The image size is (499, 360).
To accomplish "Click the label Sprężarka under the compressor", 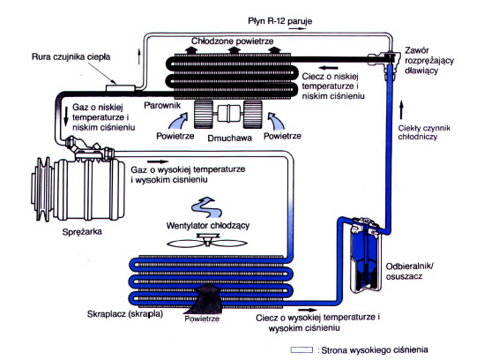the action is pyautogui.click(x=82, y=231).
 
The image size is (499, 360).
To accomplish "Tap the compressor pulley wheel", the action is pyautogui.click(x=42, y=189).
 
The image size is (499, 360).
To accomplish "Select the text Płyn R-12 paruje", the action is pyautogui.click(x=280, y=21).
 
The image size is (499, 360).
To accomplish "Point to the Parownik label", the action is pyautogui.click(x=162, y=106).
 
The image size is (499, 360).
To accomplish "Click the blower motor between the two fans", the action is pyautogui.click(x=227, y=115).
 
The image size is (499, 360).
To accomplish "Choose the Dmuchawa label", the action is pyautogui.click(x=229, y=139).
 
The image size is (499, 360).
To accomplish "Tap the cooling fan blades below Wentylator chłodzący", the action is pyautogui.click(x=207, y=241).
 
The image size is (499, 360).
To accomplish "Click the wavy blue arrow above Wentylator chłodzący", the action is pyautogui.click(x=206, y=207).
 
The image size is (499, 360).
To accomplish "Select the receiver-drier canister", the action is pyautogui.click(x=365, y=255).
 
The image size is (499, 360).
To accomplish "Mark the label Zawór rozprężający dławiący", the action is pyautogui.click(x=429, y=60).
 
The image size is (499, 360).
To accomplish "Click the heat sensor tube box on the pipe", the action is pyautogui.click(x=121, y=88).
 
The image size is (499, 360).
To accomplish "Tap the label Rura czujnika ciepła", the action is pyautogui.click(x=71, y=56).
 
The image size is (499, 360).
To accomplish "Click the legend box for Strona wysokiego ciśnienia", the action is pyautogui.click(x=302, y=349).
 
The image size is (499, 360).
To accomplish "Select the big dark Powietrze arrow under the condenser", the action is pyautogui.click(x=207, y=299).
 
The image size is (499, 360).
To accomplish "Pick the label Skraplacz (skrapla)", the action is pyautogui.click(x=125, y=314).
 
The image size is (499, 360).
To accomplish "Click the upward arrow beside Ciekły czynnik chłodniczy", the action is pyautogui.click(x=401, y=110).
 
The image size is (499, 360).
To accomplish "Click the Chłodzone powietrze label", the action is pyautogui.click(x=233, y=41).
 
